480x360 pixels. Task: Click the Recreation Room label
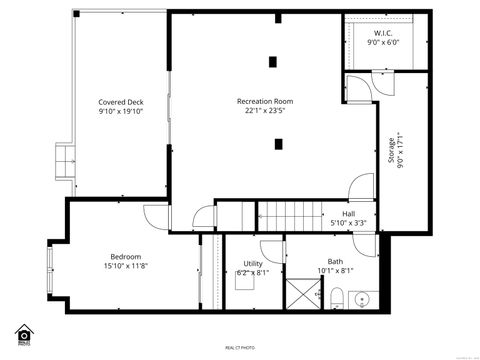(x=264, y=101)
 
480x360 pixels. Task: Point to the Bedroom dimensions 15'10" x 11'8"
(x=125, y=266)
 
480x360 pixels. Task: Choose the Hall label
(x=348, y=213)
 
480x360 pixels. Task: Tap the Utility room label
(x=253, y=263)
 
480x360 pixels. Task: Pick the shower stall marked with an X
(x=301, y=294)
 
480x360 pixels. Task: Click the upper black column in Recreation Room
(x=272, y=62)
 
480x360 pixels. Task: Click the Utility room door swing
(x=271, y=250)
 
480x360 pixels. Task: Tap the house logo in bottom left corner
(x=24, y=333)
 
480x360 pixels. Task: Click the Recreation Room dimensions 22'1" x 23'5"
(x=264, y=111)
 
